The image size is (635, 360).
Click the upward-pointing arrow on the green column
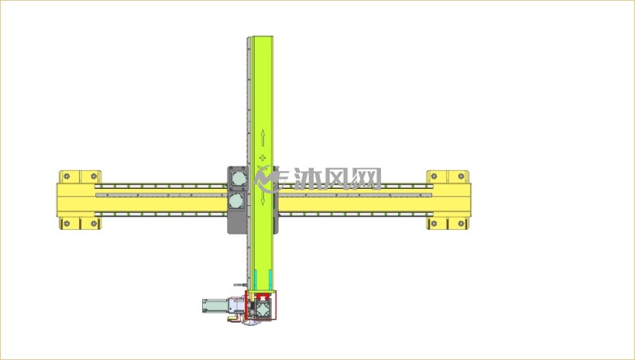[263, 138]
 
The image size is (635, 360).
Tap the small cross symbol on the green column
[263, 157]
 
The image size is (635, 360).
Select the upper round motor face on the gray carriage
[239, 179]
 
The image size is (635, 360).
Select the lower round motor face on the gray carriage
[236, 200]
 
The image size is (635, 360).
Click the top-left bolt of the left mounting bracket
[67, 177]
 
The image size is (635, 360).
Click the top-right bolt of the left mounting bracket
[94, 177]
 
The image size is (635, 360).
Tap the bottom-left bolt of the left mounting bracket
[67, 224]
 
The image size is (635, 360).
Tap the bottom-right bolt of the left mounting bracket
[94, 224]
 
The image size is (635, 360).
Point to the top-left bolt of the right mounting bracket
[434, 177]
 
